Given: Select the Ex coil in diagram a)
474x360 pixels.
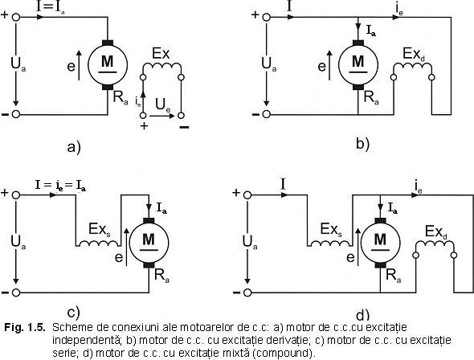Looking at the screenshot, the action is (162, 65).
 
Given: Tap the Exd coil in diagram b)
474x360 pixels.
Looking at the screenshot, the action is (413, 65).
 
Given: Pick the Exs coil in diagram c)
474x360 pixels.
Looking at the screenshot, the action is (98, 243).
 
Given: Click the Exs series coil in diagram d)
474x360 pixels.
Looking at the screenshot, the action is (330, 243).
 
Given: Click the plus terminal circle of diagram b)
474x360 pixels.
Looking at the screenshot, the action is (266, 17).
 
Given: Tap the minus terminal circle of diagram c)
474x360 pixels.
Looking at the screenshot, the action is (16, 292).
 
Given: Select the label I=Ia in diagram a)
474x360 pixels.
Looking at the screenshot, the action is (50, 7).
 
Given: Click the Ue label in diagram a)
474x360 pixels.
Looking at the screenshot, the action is (163, 105).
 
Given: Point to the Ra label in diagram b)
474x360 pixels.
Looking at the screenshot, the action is (371, 98).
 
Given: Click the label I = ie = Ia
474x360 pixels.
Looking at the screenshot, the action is (60, 186).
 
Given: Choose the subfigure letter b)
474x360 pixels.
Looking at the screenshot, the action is (363, 144).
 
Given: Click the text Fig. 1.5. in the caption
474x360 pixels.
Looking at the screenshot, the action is (25, 327).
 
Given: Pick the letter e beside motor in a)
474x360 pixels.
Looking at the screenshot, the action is (72, 66).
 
